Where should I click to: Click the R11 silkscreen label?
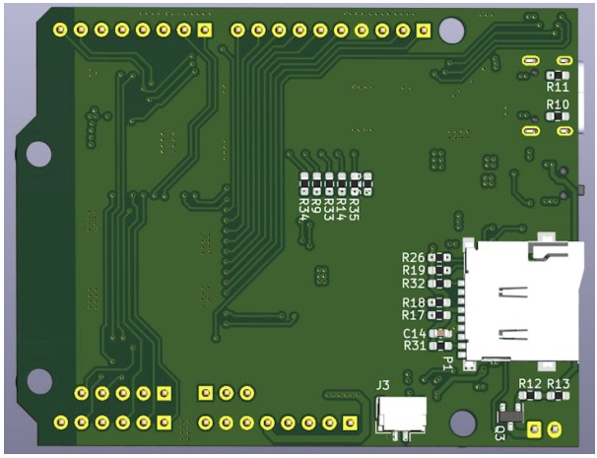coord(558,88)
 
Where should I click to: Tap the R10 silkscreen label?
coord(558,104)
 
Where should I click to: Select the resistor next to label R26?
coord(439,258)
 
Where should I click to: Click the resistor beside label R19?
coord(439,270)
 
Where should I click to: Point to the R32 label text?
coord(414,284)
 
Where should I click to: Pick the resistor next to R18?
coord(439,302)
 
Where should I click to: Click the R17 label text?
coord(414,315)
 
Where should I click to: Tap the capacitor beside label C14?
coord(440,334)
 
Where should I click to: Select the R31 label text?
coord(415,346)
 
